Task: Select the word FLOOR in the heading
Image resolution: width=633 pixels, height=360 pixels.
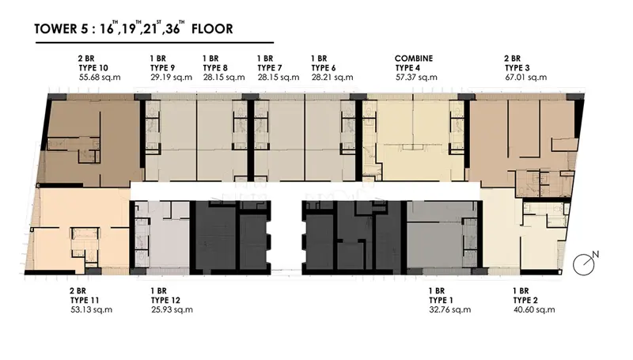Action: [x=212, y=29]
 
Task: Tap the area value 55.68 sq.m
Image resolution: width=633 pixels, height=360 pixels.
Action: [x=100, y=77]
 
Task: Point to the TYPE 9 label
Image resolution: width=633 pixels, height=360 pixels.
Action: [x=163, y=68]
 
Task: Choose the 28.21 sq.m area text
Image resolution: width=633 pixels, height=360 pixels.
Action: [x=332, y=77]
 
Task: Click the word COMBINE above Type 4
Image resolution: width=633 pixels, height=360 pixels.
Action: [x=414, y=59]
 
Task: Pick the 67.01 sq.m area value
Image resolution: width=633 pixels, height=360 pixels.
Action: [x=526, y=77]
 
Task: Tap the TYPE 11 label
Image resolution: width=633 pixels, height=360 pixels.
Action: [x=85, y=301]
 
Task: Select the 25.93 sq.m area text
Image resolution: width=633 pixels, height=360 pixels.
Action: [x=172, y=309]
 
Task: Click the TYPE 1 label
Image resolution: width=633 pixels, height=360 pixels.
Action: [x=442, y=301]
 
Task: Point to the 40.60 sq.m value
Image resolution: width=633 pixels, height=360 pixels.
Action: [x=534, y=309]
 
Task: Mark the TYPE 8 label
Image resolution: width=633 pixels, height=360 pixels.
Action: [x=215, y=68]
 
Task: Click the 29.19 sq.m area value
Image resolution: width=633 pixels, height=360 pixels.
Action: [x=172, y=77]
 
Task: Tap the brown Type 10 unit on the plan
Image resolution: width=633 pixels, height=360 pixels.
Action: [x=91, y=142]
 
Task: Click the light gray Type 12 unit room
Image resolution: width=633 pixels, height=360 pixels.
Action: [x=169, y=238]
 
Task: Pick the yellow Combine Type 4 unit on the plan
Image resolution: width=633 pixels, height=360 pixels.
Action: [x=414, y=139]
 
